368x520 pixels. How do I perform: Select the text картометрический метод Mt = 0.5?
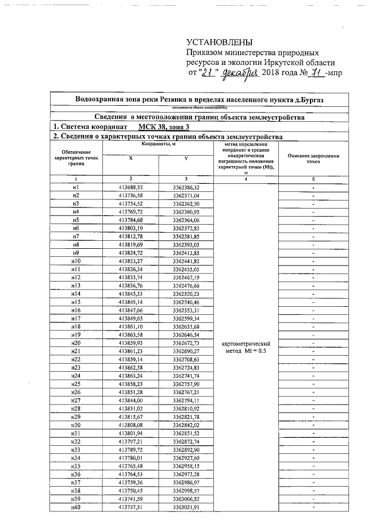pyautogui.click(x=246, y=348)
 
